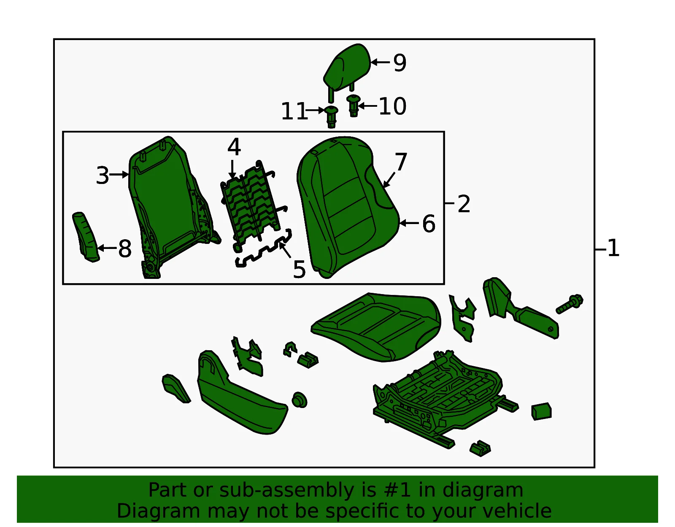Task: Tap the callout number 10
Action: click(392, 106)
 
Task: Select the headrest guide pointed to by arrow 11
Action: click(331, 116)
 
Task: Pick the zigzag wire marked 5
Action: click(264, 249)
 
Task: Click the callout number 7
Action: click(401, 162)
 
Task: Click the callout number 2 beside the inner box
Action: click(464, 204)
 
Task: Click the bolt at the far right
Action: click(570, 304)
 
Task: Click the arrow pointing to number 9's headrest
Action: click(380, 62)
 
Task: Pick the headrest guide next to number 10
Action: click(353, 105)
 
